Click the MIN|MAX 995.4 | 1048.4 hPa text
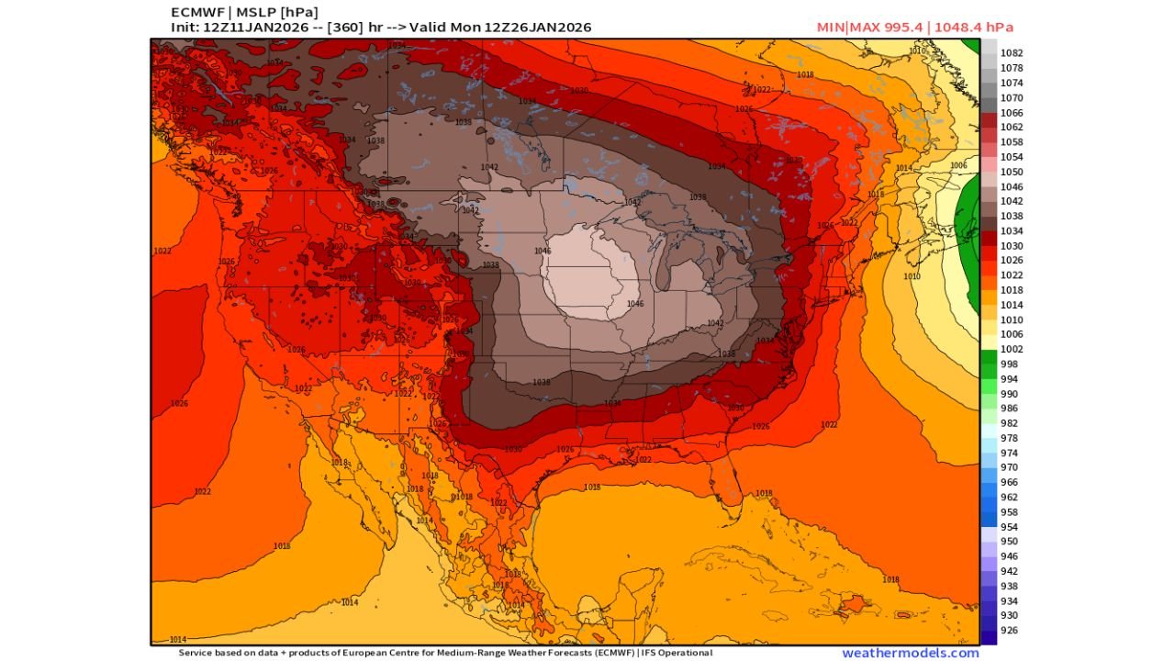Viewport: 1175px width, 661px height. tap(914, 28)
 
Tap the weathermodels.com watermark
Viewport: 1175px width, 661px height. tap(910, 653)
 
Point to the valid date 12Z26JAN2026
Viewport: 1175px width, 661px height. tap(534, 28)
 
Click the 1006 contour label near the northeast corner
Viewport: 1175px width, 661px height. tap(958, 165)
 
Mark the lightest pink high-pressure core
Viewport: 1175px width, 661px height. tap(587, 275)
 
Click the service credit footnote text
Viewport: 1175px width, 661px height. tap(445, 653)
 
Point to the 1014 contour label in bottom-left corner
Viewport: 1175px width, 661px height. tap(178, 639)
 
